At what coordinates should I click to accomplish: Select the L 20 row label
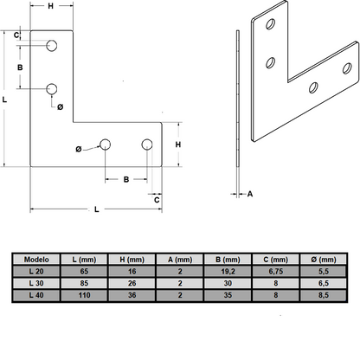(x=38, y=271)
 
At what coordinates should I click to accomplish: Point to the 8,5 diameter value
(x=326, y=295)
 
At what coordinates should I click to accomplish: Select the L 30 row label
(x=38, y=283)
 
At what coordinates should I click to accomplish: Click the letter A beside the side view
(x=250, y=195)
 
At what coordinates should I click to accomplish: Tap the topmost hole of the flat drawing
(x=52, y=45)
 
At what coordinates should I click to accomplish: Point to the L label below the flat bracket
(x=94, y=210)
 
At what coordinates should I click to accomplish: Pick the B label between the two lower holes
(x=126, y=181)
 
